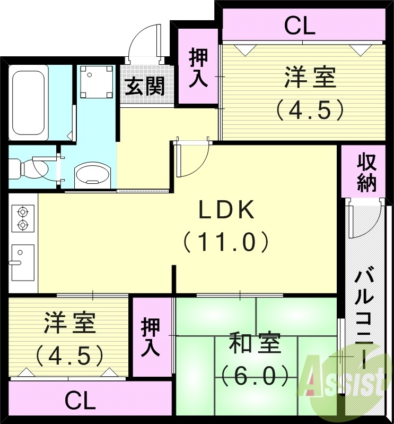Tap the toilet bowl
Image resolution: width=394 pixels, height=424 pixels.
pos(35,168)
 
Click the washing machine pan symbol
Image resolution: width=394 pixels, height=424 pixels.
pos(96,81)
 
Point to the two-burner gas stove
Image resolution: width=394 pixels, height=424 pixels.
pos(22,217)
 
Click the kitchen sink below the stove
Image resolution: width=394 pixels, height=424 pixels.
pos(22,262)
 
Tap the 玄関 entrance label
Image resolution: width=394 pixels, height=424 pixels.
pos(144,86)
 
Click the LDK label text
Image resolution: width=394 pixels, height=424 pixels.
pos(227,210)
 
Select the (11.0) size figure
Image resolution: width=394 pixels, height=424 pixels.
pos(227,242)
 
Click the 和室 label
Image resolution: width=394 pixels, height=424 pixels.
pos(255,345)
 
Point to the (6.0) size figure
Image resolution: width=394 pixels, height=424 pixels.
pos(255,376)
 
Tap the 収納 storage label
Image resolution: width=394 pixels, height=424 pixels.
pos(366,172)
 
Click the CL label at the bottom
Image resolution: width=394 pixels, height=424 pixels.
pos(80,400)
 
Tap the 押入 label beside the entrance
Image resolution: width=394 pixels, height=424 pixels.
pos(197,67)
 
